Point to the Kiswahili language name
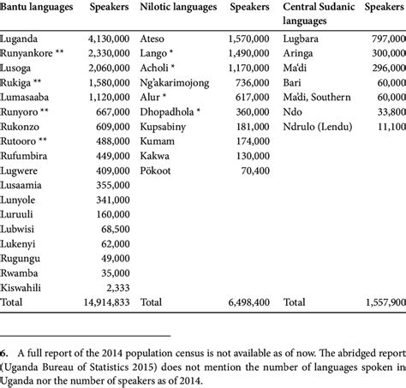point(27,287)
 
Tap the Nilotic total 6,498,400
point(242,302)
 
